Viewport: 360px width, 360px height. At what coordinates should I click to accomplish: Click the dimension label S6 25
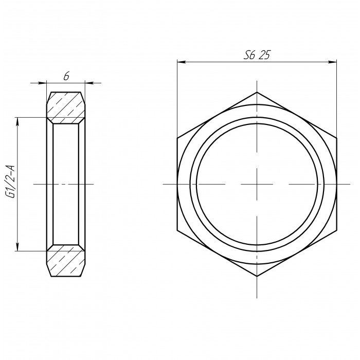[257, 55]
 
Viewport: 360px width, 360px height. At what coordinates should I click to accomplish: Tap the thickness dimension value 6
[66, 77]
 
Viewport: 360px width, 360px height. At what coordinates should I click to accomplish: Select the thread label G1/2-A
[11, 182]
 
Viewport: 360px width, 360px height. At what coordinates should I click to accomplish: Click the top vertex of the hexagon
[257, 92]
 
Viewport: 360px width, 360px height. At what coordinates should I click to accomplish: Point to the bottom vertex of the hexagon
[257, 276]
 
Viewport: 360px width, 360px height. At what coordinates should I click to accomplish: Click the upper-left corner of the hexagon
[177, 138]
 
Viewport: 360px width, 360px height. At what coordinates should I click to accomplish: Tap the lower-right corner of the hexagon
[336, 230]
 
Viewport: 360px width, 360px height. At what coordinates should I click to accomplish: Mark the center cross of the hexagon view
[257, 184]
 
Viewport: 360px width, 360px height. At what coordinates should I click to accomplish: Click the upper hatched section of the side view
[66, 107]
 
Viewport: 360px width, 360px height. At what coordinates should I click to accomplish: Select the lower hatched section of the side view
[66, 261]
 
